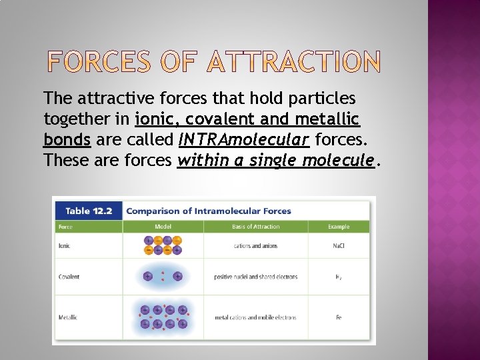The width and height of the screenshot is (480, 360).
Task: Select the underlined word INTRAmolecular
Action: point(244,140)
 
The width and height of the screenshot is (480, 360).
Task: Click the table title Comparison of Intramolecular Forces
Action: point(209,211)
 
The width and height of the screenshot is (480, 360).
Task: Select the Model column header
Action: point(163,227)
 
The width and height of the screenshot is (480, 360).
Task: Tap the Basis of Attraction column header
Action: point(256,227)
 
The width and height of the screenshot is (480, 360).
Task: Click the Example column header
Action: point(339,227)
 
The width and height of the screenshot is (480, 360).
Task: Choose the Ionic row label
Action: point(65,246)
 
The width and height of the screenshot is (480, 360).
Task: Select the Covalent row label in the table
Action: point(69,277)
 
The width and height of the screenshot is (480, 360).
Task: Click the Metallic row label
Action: point(68,317)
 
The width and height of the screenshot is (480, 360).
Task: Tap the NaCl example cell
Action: point(339,246)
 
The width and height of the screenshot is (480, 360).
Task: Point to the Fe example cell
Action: point(339,317)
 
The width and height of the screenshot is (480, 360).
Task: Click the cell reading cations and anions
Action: point(256,246)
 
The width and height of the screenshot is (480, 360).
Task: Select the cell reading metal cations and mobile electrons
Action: point(256,317)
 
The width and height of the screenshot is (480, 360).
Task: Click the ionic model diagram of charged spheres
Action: point(163,245)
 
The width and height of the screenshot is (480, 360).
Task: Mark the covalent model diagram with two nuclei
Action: point(163,276)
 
